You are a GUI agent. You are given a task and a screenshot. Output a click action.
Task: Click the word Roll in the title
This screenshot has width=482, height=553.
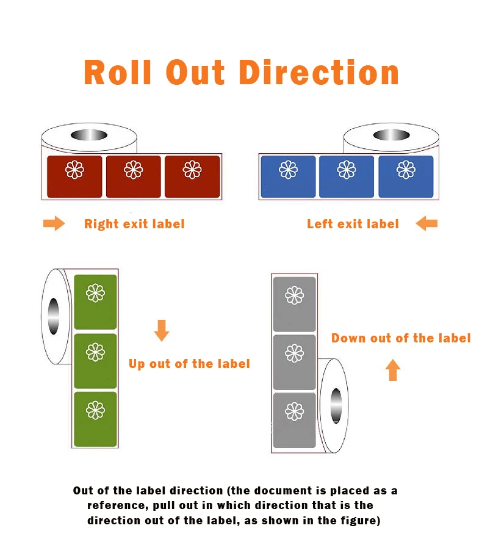(x=117, y=72)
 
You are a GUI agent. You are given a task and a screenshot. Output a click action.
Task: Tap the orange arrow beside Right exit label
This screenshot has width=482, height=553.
(x=54, y=224)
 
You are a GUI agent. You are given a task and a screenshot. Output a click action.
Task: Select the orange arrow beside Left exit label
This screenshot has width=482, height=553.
(x=426, y=224)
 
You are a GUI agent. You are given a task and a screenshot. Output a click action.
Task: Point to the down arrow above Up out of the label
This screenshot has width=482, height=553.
(x=162, y=330)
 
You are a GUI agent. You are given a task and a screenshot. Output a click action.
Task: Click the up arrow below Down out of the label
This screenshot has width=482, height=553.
(x=393, y=369)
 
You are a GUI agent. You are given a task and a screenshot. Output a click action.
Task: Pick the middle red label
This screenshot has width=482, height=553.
(x=133, y=176)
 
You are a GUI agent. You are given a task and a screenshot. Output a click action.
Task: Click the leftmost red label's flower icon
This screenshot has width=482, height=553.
(x=74, y=169)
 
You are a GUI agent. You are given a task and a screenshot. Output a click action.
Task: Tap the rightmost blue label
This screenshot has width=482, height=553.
(x=406, y=176)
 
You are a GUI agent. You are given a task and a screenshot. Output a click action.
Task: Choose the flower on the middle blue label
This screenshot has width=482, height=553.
(x=347, y=169)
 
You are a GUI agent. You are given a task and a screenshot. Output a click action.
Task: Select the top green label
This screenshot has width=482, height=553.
(x=95, y=302)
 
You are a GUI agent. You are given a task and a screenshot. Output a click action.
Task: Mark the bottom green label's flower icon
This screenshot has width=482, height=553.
(x=95, y=410)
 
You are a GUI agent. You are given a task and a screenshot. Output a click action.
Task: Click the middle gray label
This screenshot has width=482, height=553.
(x=294, y=362)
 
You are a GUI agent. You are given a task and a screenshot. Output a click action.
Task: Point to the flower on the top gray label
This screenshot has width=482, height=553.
(x=294, y=296)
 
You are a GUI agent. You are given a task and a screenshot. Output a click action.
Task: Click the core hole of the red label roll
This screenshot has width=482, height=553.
(x=88, y=135)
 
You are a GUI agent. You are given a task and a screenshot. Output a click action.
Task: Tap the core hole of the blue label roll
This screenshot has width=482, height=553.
(x=390, y=135)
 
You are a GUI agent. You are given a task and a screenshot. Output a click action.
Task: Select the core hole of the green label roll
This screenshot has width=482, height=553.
(x=54, y=316)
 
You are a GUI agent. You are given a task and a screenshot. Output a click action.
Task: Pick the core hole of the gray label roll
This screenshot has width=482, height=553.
(x=336, y=405)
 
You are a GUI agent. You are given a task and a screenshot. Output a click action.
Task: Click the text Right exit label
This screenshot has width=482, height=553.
(x=134, y=224)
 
